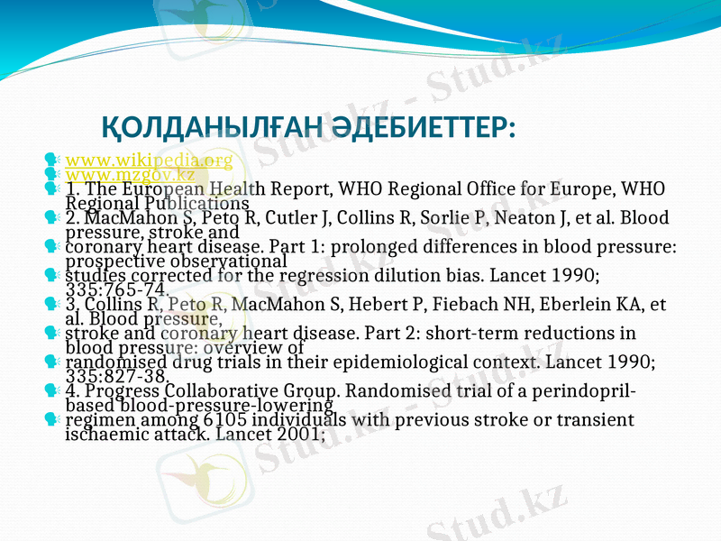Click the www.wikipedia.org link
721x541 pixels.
click(149, 160)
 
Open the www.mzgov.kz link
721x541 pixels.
click(130, 174)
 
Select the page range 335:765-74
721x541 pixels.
click(117, 289)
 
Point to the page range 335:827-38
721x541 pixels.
click(117, 376)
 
